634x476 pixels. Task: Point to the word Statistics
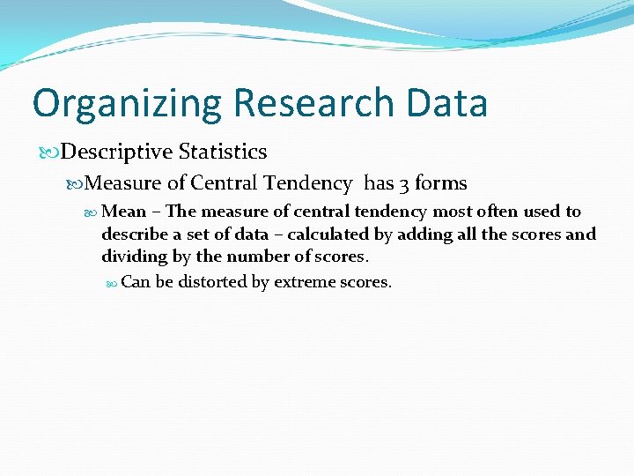point(222,152)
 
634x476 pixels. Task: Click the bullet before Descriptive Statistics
point(52,152)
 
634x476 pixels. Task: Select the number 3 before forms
point(404,183)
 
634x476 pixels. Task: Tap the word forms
point(440,182)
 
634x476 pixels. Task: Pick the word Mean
point(123,212)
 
